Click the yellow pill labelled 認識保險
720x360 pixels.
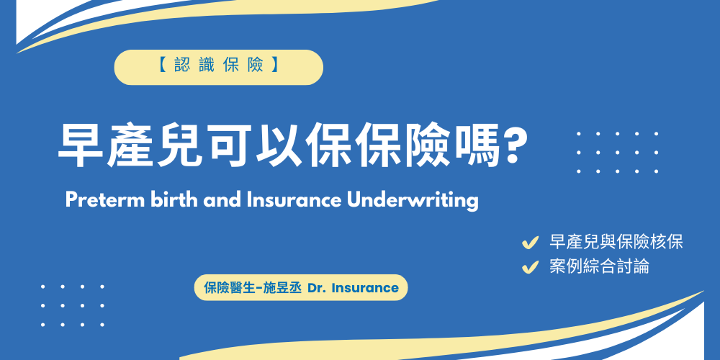click(x=218, y=67)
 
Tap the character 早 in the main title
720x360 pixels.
click(x=81, y=148)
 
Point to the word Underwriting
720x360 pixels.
click(x=413, y=200)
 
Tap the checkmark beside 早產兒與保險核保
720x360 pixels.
click(x=531, y=243)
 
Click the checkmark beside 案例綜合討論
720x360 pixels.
click(x=531, y=267)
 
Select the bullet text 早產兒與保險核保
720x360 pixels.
click(x=616, y=242)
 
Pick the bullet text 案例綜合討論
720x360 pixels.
click(x=599, y=266)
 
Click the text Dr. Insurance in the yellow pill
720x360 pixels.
click(x=353, y=288)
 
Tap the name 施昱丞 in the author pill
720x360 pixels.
click(x=282, y=288)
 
